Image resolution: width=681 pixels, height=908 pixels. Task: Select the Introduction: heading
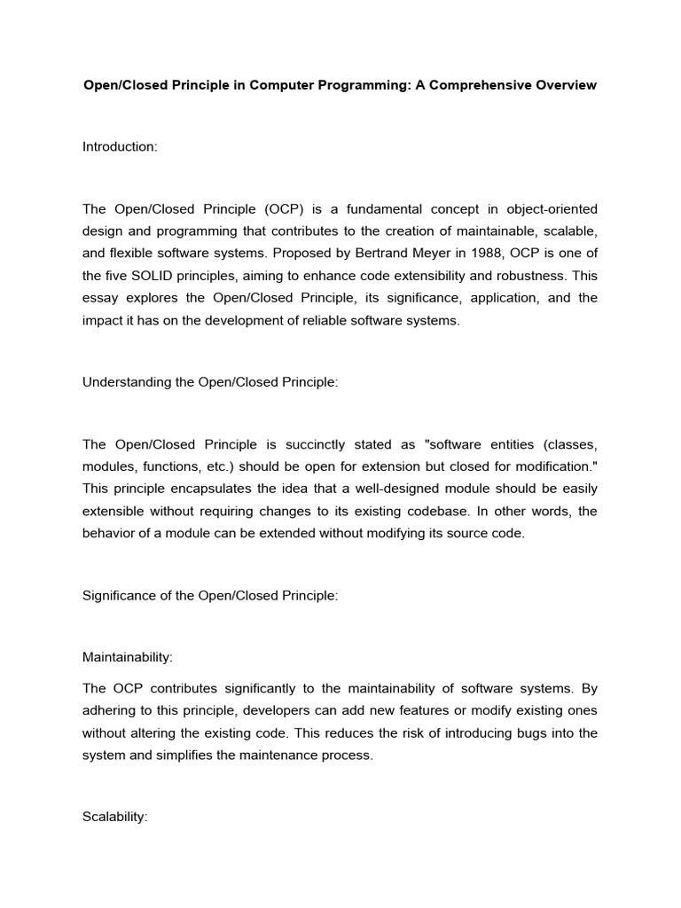[120, 146]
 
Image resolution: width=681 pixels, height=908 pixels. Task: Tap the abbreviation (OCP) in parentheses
[284, 209]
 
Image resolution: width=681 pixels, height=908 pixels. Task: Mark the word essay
[98, 298]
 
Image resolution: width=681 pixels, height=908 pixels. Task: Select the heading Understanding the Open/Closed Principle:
[211, 382]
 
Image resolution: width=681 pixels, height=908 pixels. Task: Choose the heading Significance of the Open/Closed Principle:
[210, 596]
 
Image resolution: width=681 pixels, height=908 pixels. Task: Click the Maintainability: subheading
[128, 657]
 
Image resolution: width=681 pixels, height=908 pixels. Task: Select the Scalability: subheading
[114, 818]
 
